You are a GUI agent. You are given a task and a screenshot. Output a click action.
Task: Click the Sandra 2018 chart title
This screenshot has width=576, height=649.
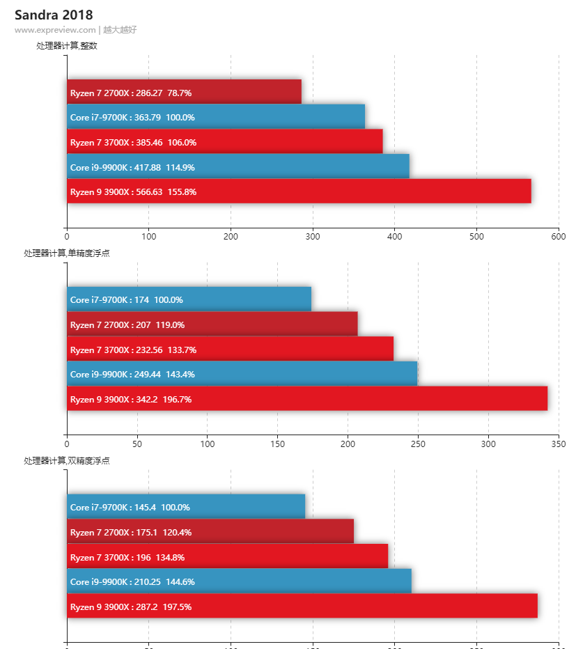pyautogui.click(x=54, y=15)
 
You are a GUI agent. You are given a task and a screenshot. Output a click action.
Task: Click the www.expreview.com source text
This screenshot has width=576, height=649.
pyautogui.click(x=55, y=30)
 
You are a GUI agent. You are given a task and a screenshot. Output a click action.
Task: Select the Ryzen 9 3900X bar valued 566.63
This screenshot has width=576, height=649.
pyautogui.click(x=299, y=191)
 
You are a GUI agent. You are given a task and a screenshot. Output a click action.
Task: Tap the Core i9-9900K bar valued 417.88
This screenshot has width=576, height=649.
pyautogui.click(x=238, y=166)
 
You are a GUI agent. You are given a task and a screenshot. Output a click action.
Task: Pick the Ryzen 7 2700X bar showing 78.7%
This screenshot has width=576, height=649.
pyautogui.click(x=184, y=92)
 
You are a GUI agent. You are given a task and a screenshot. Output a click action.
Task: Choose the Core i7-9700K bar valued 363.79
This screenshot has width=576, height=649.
pyautogui.click(x=216, y=117)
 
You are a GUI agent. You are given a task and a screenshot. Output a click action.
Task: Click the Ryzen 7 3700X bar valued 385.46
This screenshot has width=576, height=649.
pyautogui.click(x=225, y=142)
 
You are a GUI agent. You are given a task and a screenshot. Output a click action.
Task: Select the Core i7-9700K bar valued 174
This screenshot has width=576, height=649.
pyautogui.click(x=189, y=299)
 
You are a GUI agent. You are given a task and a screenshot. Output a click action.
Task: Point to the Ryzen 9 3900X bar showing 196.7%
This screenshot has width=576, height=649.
pyautogui.click(x=307, y=399)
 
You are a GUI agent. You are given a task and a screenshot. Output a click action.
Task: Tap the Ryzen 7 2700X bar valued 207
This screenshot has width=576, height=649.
pyautogui.click(x=212, y=324)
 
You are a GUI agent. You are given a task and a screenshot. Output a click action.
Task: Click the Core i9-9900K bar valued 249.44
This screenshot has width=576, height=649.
pyautogui.click(x=242, y=374)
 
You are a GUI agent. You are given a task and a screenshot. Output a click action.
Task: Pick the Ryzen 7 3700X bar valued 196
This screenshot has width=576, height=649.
pyautogui.click(x=227, y=557)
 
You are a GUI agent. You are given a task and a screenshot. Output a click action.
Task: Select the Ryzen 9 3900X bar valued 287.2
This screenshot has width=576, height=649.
pyautogui.click(x=302, y=606)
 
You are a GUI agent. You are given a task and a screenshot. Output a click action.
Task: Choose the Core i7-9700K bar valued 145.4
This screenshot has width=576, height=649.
pyautogui.click(x=186, y=507)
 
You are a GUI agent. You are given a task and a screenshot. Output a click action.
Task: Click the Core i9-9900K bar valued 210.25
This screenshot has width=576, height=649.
pyautogui.click(x=239, y=581)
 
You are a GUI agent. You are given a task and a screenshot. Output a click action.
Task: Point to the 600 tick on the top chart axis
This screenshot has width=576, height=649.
pyautogui.click(x=559, y=236)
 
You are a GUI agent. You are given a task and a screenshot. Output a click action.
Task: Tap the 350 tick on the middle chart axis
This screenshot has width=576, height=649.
pyautogui.click(x=559, y=444)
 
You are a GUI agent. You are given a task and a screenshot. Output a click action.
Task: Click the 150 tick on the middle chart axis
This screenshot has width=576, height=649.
pyautogui.click(x=277, y=444)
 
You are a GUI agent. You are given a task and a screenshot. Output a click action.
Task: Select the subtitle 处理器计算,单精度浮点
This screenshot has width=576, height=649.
pyautogui.click(x=67, y=253)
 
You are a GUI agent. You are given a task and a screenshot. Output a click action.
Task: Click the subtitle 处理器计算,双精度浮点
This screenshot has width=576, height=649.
pyautogui.click(x=67, y=461)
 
